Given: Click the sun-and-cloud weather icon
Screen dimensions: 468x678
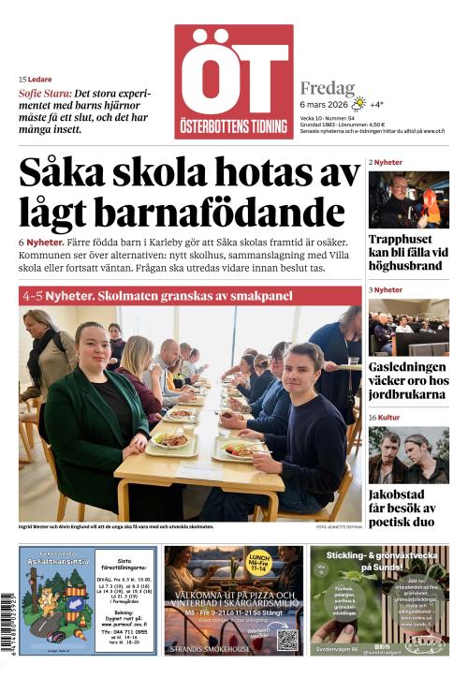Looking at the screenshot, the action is [x=358, y=104].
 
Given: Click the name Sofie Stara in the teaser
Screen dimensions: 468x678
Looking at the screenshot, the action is [x=44, y=94].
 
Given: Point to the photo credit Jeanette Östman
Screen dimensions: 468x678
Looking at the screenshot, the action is [x=338, y=527].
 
